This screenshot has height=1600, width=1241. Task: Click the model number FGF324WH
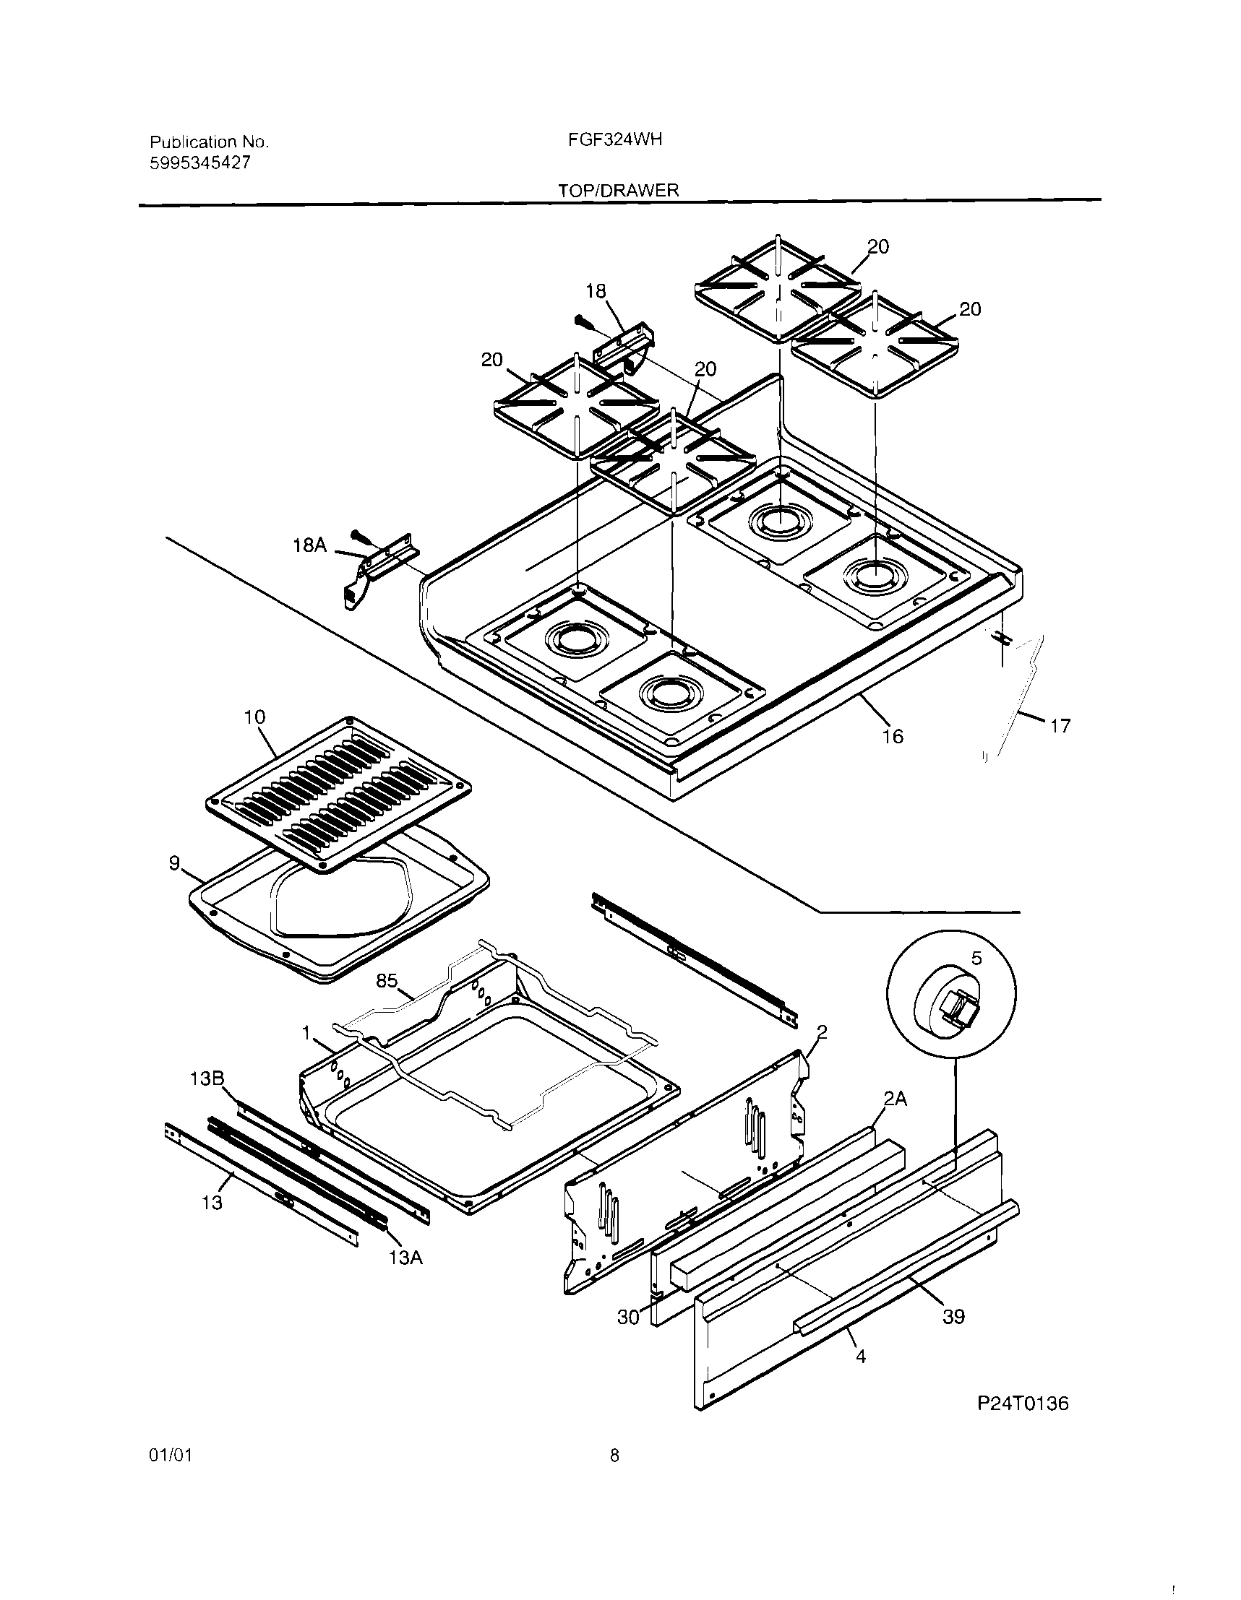(614, 140)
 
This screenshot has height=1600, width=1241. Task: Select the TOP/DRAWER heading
(618, 191)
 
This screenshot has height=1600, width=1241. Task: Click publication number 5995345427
(200, 163)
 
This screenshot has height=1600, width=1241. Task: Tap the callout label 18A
(309, 545)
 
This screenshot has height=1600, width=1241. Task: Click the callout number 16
(893, 736)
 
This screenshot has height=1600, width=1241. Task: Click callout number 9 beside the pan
(174, 864)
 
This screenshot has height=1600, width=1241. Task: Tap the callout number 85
(386, 980)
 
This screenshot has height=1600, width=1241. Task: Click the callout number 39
(953, 1317)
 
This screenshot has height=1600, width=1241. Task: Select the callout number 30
(628, 1317)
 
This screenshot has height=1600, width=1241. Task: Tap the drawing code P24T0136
(1023, 1403)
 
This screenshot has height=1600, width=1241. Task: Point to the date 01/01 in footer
(170, 1476)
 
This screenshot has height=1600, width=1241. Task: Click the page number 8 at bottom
(614, 1476)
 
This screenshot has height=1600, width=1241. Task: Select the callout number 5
(976, 959)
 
